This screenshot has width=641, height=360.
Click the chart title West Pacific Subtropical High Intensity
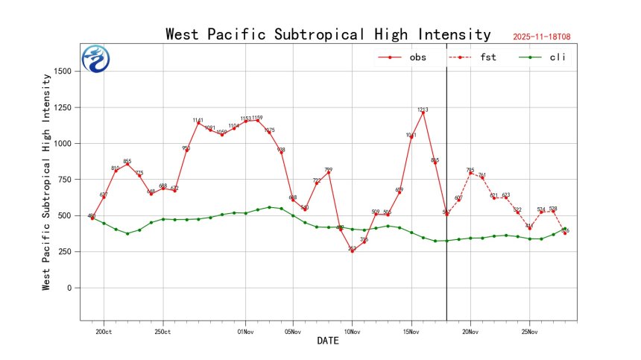click(328, 34)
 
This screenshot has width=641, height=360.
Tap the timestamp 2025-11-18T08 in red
click(546, 36)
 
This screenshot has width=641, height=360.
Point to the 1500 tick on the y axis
click(65, 72)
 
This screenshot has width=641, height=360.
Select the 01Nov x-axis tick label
click(246, 331)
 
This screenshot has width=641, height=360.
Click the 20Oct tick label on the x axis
click(104, 331)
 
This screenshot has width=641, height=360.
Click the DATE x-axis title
click(328, 341)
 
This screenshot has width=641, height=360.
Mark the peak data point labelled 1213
click(423, 113)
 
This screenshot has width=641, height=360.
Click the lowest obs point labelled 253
click(352, 251)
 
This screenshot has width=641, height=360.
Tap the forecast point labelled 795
click(470, 173)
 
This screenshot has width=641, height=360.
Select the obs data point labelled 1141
click(198, 123)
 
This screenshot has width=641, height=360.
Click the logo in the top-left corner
click(95, 59)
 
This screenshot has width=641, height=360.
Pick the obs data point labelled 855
click(127, 164)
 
